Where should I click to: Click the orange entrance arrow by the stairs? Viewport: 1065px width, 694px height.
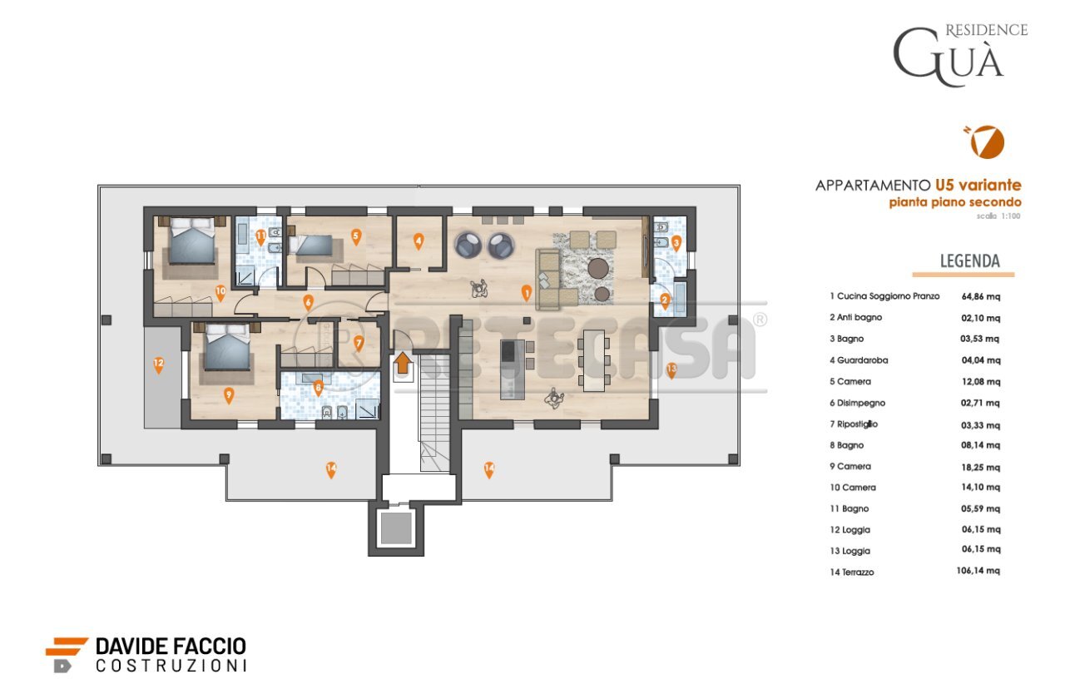tap(402, 362)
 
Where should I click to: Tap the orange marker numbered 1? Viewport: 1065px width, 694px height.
tap(526, 291)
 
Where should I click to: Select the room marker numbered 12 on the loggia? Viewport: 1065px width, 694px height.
tap(158, 364)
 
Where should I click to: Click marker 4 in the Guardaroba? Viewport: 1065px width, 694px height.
tap(419, 241)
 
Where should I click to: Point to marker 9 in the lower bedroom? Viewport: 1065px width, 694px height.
tap(229, 395)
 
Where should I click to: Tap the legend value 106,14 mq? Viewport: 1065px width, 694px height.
tap(978, 571)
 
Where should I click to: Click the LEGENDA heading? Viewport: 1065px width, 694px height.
tap(969, 260)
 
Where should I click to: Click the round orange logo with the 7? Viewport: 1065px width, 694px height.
tap(988, 142)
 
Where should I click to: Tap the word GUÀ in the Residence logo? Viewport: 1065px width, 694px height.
tap(949, 57)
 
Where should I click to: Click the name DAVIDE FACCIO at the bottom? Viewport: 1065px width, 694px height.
tap(171, 646)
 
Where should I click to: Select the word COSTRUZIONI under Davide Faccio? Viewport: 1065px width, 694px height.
tap(171, 666)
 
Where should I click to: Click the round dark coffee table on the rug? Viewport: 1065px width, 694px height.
tap(597, 268)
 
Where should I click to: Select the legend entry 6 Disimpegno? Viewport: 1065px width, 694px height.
tap(857, 403)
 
